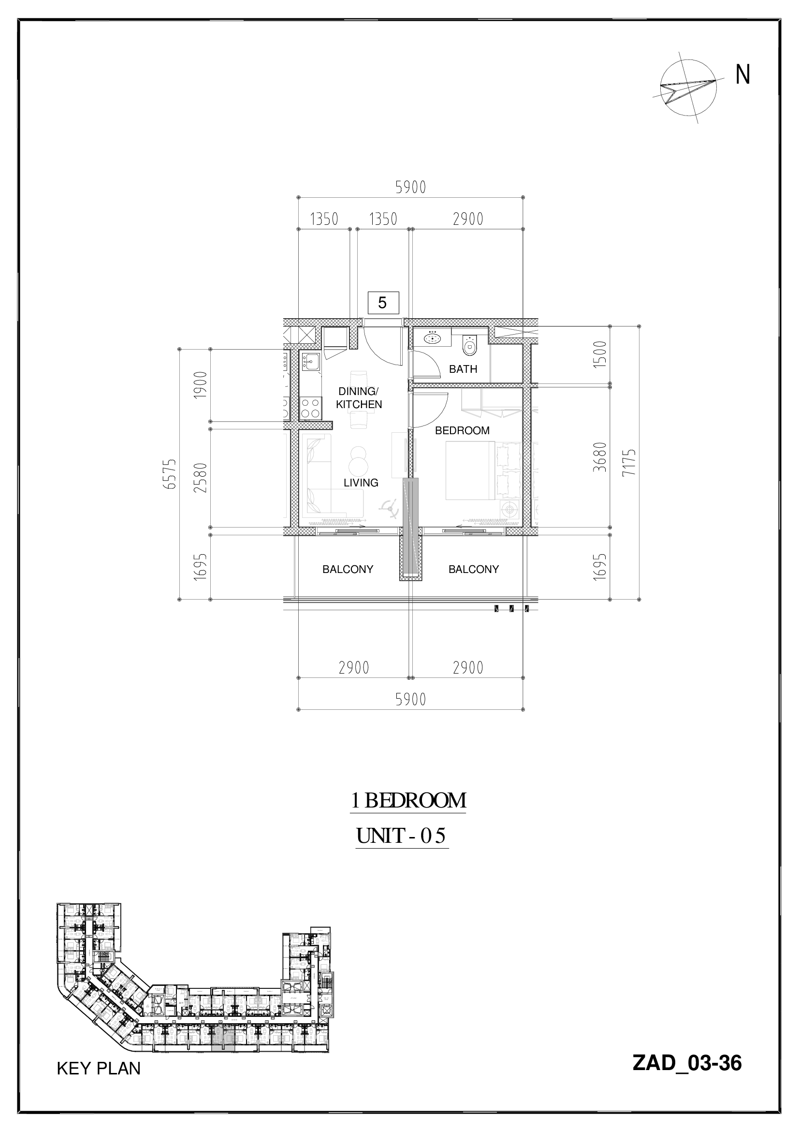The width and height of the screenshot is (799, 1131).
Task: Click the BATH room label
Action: click(463, 369)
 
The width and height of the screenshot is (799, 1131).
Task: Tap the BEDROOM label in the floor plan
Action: click(462, 430)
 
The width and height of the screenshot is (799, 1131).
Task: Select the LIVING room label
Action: click(361, 483)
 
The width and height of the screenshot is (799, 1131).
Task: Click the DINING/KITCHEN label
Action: click(359, 398)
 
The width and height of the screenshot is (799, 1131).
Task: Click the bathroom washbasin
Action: click(432, 338)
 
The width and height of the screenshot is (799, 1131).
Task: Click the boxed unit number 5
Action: click(382, 303)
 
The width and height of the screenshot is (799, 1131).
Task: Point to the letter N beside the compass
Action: click(742, 75)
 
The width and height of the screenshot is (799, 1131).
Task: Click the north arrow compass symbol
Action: click(688, 88)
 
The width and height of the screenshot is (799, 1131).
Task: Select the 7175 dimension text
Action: click(629, 462)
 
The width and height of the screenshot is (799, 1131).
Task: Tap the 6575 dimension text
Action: click(171, 473)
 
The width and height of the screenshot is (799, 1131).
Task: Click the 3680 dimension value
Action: click(600, 457)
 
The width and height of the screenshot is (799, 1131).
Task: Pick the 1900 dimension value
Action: click(201, 385)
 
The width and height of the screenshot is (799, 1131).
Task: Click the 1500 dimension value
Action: click(600, 354)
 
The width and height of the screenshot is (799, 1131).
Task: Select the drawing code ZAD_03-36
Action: click(687, 1077)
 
